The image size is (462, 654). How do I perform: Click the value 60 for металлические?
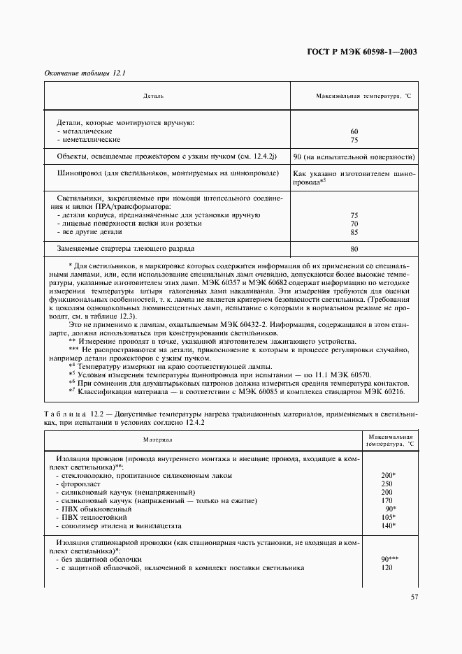[x=354, y=131]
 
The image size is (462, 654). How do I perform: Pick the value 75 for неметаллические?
[x=354, y=139]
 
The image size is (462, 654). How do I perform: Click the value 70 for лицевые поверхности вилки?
[x=354, y=224]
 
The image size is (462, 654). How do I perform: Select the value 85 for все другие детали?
[x=354, y=232]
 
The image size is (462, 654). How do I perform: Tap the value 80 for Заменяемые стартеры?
[x=354, y=249]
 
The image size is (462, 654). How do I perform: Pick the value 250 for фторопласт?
[x=387, y=484]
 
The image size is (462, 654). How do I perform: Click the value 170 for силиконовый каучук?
[x=387, y=500]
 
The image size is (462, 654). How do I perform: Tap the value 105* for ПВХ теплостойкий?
[x=389, y=517]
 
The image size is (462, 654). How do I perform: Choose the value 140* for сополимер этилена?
[x=389, y=525]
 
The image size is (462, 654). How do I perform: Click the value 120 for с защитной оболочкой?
[x=387, y=567]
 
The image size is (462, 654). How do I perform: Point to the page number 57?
[x=413, y=597]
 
